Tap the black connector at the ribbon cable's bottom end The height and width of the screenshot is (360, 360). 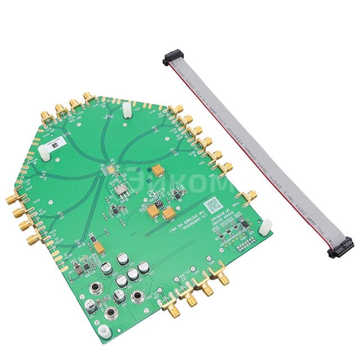(x=341, y=247)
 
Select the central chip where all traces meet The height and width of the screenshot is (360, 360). (x=106, y=169)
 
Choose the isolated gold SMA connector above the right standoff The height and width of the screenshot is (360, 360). (x=249, y=196)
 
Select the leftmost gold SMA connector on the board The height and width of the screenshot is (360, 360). (x=11, y=199)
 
